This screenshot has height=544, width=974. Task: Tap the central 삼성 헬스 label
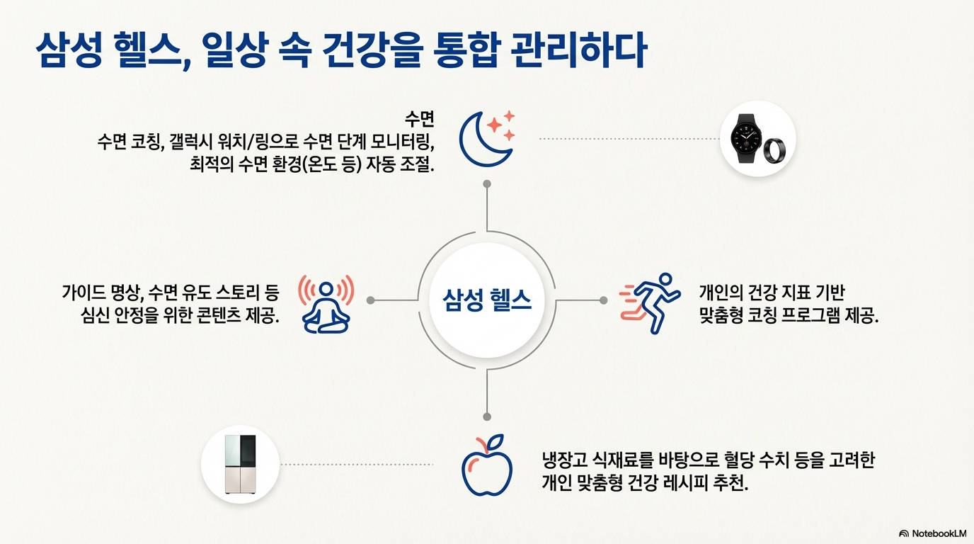pos(487,300)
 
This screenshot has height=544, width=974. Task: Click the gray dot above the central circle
pos(487,184)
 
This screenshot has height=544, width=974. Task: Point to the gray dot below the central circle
pos(487,416)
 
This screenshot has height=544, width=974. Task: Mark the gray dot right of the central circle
pos(603,300)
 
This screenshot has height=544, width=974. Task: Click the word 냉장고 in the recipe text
pos(561,460)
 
